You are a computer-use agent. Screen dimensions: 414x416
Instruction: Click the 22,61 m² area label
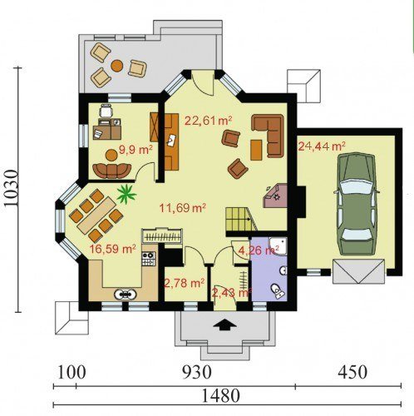[x=208, y=121]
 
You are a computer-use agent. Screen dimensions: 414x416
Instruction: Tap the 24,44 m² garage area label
[x=322, y=146]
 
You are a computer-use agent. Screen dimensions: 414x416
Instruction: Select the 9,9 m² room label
[x=136, y=150]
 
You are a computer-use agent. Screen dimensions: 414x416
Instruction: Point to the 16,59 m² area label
[x=112, y=249]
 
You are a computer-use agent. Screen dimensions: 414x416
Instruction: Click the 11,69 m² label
[x=183, y=207]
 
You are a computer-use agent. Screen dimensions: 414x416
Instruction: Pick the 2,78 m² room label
[x=185, y=283]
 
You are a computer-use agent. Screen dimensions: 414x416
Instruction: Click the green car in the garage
[x=356, y=204]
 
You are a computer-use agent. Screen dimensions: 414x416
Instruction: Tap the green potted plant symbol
[x=126, y=194]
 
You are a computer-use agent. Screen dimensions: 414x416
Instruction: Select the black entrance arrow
[x=224, y=324]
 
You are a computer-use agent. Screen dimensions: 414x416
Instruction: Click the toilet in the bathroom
[x=278, y=291]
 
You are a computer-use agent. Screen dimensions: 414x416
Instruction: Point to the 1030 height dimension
[x=12, y=188]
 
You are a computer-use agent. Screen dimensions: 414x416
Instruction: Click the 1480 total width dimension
[x=220, y=396]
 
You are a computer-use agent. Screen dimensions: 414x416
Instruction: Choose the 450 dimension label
[x=352, y=372]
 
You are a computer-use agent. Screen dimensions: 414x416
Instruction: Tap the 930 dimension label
[x=197, y=372]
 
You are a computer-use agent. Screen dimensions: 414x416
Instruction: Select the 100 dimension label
[x=71, y=372]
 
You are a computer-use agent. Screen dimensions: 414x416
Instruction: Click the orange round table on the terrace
[x=117, y=66]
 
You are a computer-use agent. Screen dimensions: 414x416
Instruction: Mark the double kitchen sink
[x=126, y=294]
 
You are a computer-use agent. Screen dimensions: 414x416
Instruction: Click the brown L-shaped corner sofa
[x=269, y=135]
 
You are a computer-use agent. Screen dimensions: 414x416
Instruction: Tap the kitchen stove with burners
[x=148, y=259]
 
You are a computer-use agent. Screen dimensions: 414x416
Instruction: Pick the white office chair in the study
[x=106, y=111]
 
